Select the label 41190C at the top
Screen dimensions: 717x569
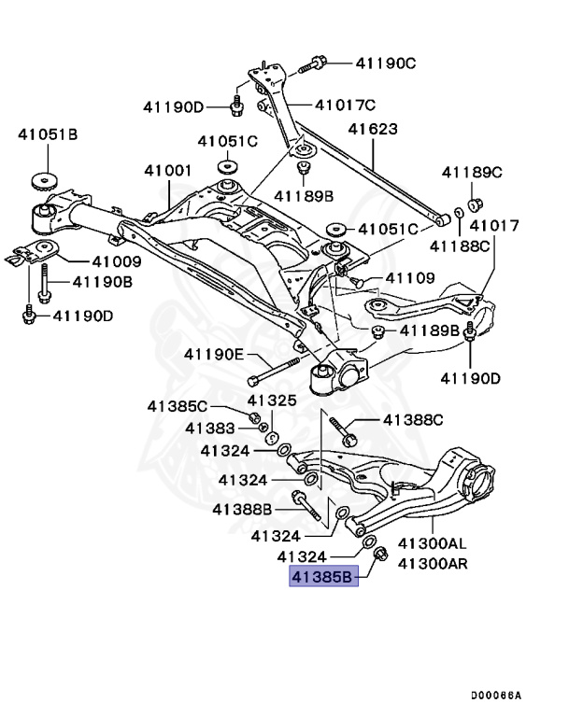[x=386, y=63]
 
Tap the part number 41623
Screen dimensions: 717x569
[x=373, y=130]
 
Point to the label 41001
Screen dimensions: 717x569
[x=167, y=171]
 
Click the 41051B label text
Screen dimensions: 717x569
[x=48, y=134]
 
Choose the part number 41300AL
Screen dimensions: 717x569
[x=433, y=543]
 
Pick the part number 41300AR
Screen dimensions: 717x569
[x=433, y=563]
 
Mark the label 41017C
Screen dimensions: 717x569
[x=345, y=105]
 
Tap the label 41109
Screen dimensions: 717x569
[x=410, y=278]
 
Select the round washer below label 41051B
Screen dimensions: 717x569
[x=42, y=179]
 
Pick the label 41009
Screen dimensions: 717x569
[x=116, y=261]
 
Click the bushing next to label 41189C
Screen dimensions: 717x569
[x=474, y=204]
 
